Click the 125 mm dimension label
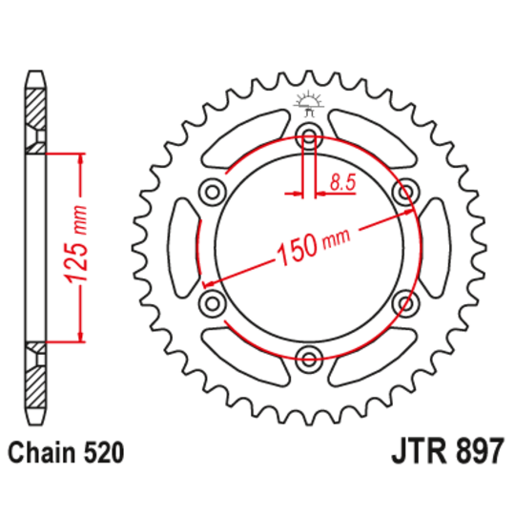pos(77,245)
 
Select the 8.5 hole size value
pos(341,180)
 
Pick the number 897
pos(475,450)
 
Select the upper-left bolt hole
pos(210,191)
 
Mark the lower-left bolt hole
pos(210,303)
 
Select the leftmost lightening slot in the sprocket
pos(181,247)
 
